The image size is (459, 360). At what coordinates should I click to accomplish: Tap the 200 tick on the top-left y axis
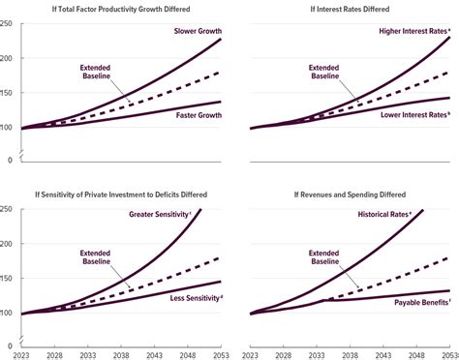(6, 58)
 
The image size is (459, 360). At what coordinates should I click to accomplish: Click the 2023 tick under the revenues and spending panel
(250, 355)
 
